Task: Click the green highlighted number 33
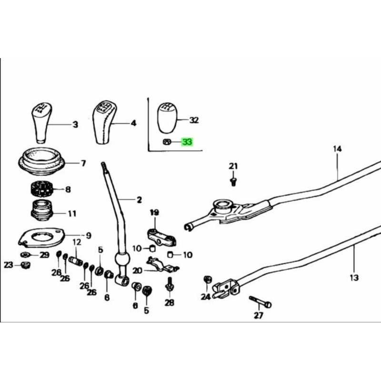[187, 142]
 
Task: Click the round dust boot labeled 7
[42, 162]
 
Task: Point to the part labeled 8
[41, 190]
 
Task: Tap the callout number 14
[337, 150]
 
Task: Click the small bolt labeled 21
[233, 180]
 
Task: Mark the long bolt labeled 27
[260, 302]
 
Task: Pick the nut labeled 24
[207, 279]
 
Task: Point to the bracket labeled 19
[158, 236]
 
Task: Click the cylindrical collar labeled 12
[76, 261]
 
